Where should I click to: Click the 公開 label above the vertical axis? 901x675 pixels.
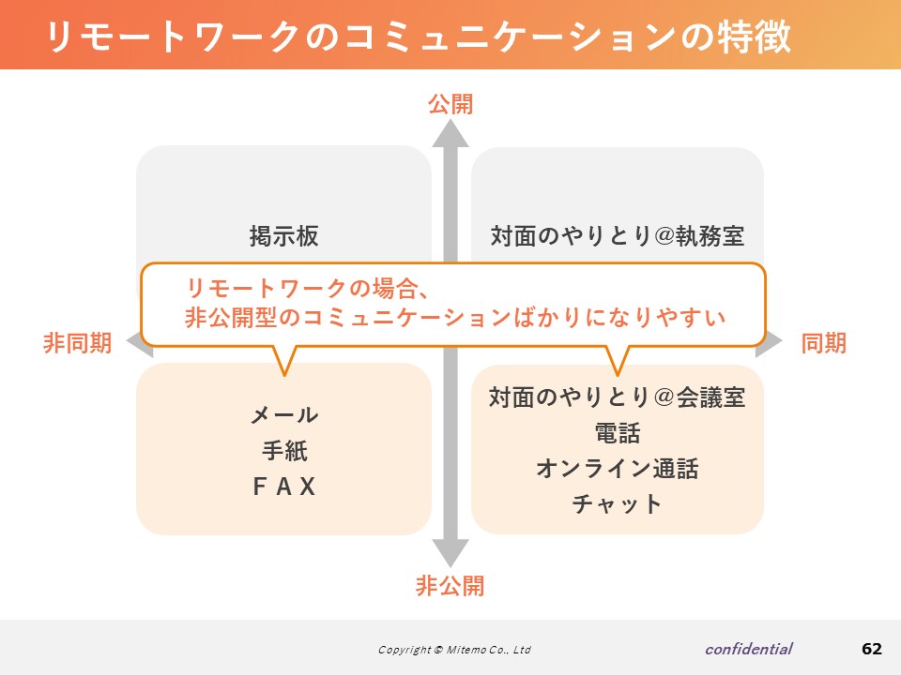(450, 104)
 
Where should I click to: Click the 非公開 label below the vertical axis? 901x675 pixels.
(450, 585)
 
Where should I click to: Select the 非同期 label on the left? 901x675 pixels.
(78, 343)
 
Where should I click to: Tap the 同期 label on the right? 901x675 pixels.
(823, 343)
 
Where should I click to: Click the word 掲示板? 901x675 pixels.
(283, 236)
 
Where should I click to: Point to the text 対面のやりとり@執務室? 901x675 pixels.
(618, 236)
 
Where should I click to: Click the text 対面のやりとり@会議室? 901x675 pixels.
(618, 397)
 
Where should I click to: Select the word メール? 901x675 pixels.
(284, 414)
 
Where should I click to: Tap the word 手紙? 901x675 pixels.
(284, 451)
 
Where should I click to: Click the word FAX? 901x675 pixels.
(284, 487)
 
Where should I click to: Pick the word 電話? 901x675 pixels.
(618, 433)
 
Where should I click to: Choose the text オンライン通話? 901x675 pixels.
(618, 469)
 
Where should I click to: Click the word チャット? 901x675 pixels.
(618, 504)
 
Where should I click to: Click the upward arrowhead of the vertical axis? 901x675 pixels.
(450, 134)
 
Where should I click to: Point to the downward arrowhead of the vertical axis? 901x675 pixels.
(450, 553)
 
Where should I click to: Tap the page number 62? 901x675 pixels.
(872, 649)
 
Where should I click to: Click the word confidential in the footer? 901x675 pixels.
(749, 649)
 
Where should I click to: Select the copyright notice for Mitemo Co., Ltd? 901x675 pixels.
(454, 650)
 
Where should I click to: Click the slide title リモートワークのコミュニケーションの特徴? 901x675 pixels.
(419, 37)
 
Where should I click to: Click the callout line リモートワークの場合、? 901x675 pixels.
(308, 288)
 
